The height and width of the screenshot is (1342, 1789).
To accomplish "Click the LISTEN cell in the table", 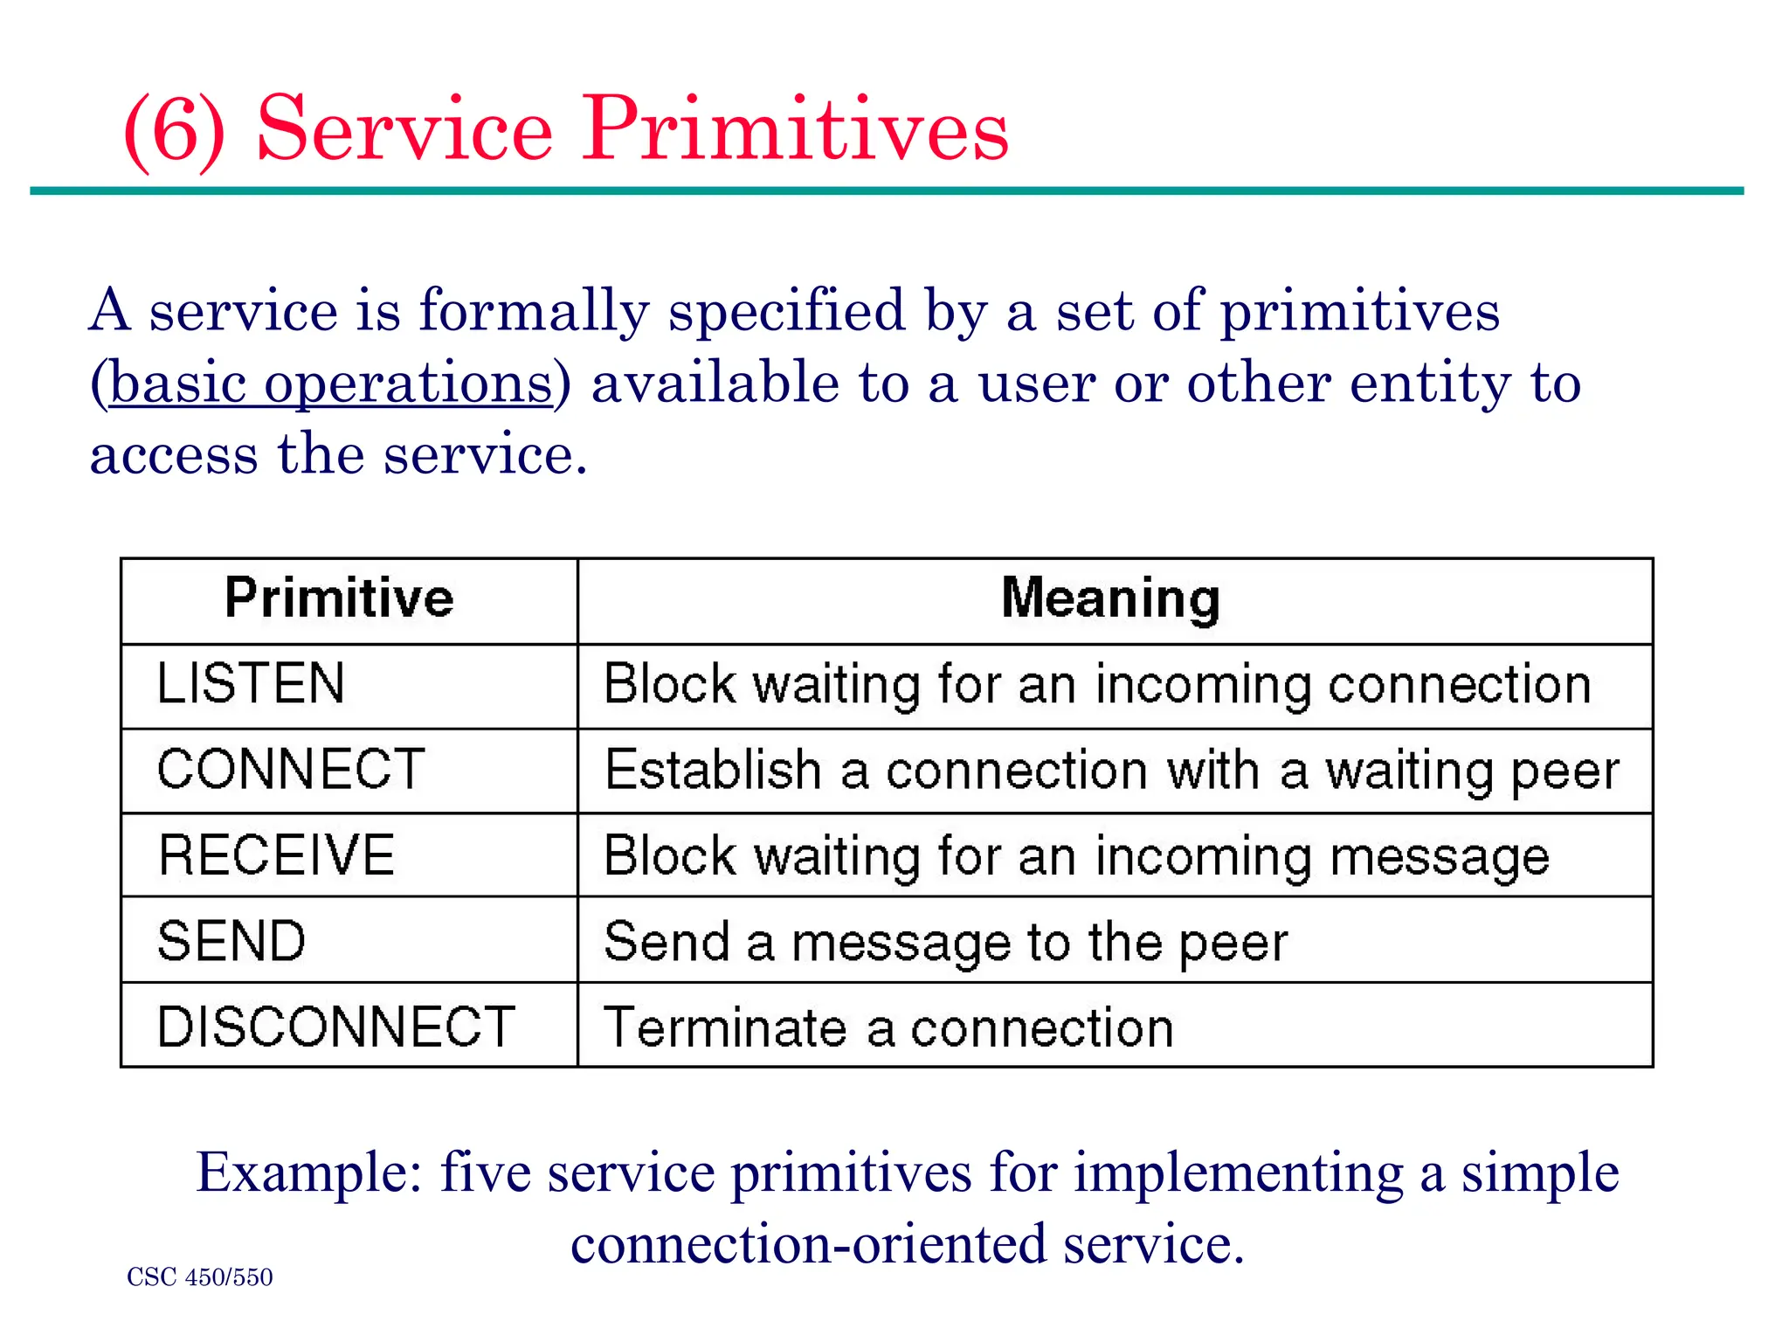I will pyautogui.click(x=252, y=684).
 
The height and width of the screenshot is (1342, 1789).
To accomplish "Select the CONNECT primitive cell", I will pyautogui.click(x=291, y=770).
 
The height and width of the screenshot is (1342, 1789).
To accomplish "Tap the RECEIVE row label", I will pyautogui.click(x=276, y=855).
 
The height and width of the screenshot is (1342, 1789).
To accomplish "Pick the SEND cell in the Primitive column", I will pyautogui.click(x=231, y=941).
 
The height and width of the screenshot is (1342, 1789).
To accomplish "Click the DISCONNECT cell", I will pyautogui.click(x=335, y=1027).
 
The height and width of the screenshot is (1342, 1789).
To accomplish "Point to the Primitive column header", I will pyautogui.click(x=339, y=599).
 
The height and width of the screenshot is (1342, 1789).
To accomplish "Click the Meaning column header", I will pyautogui.click(x=1110, y=599).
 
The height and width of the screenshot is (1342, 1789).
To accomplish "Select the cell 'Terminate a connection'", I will pyautogui.click(x=888, y=1027).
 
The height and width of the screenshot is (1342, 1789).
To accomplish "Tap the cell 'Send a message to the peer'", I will pyautogui.click(x=945, y=942).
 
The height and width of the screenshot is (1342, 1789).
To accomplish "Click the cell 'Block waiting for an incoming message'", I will pyautogui.click(x=1076, y=856).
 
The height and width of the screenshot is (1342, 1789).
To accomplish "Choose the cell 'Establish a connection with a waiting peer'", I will pyautogui.click(x=1111, y=771).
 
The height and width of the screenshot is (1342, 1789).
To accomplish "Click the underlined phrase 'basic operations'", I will pyautogui.click(x=331, y=384).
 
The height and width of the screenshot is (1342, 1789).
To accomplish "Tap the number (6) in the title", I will pyautogui.click(x=174, y=129).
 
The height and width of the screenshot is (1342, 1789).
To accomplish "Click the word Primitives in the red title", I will pyautogui.click(x=796, y=129).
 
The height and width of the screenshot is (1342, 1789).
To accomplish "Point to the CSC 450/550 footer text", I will pyautogui.click(x=199, y=1277).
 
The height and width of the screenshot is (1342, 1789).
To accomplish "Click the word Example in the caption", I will pyautogui.click(x=309, y=1173).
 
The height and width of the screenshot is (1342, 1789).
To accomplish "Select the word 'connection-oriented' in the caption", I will pyautogui.click(x=808, y=1244).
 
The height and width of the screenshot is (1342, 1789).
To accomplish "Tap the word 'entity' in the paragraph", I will pyautogui.click(x=1430, y=384).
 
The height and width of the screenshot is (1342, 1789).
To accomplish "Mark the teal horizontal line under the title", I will pyautogui.click(x=886, y=190).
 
